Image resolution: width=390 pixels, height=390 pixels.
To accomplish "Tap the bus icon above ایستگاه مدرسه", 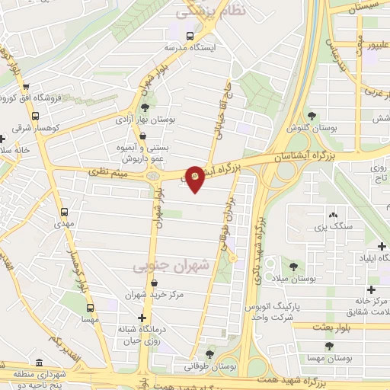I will tap(190, 35).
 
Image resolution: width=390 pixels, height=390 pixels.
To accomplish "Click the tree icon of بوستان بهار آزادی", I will tap(145, 107).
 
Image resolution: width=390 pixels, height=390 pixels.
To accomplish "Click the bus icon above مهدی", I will tap(64, 213).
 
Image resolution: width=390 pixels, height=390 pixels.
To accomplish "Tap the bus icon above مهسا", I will tap(91, 308).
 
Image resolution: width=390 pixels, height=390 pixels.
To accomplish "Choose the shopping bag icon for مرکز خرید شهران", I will tap(155, 283).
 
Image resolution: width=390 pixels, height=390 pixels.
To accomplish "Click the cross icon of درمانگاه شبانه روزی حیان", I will tap(142, 318).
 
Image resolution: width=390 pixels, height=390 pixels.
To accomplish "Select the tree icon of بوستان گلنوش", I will tap(312, 116).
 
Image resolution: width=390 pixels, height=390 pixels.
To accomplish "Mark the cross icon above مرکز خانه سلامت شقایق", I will tap(371, 289).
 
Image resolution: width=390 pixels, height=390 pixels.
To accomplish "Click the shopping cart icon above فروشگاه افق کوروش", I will tap(25, 87).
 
